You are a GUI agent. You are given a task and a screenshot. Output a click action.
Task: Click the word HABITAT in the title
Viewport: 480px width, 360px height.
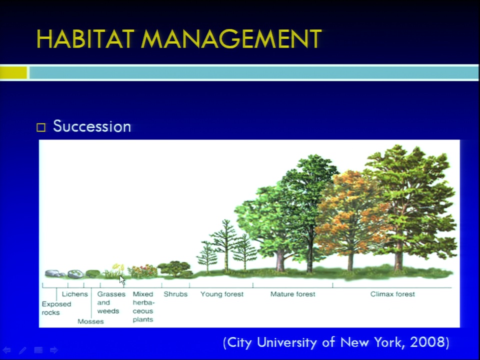(85, 39)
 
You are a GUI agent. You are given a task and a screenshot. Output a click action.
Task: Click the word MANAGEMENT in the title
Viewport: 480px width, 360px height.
(231, 39)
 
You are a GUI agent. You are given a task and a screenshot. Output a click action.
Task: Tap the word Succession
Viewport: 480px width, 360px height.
(92, 126)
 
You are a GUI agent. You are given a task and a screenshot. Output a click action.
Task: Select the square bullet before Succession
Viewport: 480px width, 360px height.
(41, 127)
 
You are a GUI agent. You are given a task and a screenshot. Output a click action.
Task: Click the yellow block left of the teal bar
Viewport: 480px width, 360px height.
(13, 73)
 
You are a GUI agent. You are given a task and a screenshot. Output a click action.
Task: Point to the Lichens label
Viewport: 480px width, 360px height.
(74, 294)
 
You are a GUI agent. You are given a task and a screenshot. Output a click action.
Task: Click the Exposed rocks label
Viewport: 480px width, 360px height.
(56, 308)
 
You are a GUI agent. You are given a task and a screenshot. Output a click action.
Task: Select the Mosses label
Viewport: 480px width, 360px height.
(90, 321)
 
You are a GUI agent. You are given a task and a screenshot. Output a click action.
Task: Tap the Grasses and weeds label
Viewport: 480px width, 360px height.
(111, 302)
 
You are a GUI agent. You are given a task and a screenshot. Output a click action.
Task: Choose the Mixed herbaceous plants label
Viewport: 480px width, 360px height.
(143, 306)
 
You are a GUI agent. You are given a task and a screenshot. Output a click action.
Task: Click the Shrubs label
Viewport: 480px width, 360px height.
(175, 294)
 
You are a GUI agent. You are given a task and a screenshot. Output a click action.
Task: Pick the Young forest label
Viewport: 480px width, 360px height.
(222, 294)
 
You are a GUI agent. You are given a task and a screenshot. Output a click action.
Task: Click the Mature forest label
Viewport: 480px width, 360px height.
(292, 294)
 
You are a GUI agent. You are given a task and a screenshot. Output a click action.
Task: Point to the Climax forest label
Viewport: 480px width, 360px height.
(392, 294)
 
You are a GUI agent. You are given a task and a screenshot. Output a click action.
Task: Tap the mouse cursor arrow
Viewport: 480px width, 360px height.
(122, 280)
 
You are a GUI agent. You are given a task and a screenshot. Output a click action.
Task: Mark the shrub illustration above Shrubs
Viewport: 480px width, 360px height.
(175, 269)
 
